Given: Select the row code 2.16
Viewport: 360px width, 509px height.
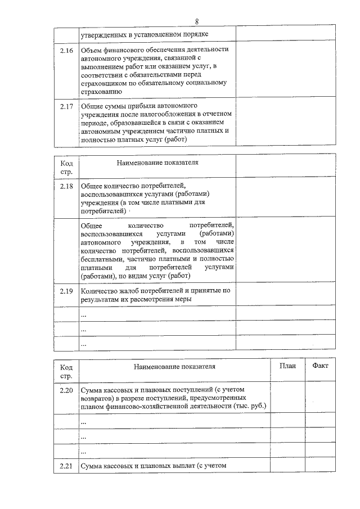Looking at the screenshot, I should (x=66, y=49).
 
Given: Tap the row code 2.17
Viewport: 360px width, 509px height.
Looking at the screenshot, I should (x=66, y=106).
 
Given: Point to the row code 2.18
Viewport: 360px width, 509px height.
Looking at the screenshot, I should (x=66, y=185).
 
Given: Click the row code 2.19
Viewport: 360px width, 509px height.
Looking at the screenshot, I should (x=66, y=291).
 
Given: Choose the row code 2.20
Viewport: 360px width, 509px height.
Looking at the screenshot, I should (x=66, y=390).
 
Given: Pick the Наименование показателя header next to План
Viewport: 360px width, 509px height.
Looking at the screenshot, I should (x=174, y=367).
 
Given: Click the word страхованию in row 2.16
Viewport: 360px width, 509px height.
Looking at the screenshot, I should (x=101, y=92).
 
